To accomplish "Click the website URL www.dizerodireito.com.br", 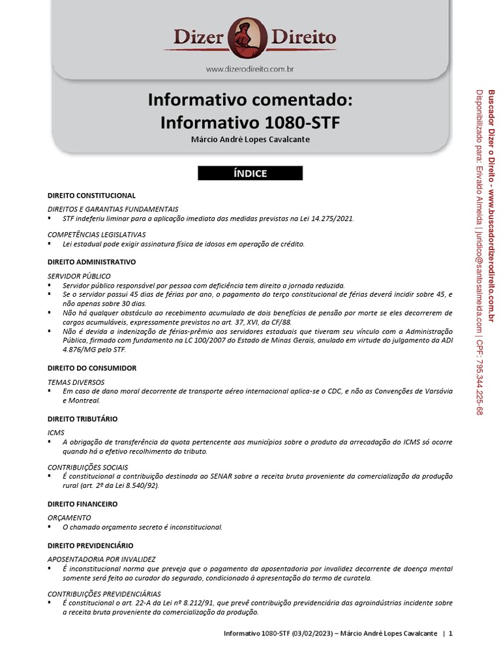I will click(250, 68).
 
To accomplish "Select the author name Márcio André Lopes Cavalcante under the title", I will click(250, 140).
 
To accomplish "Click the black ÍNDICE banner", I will click(250, 174).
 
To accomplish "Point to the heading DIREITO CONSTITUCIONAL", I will click(91, 195).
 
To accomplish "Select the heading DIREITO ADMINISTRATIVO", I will click(91, 262).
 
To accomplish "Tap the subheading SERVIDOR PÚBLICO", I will click(79, 276).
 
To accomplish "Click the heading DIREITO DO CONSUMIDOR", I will click(92, 368).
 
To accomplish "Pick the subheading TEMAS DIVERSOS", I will click(76, 382).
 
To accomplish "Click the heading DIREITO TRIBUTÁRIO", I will click(82, 418).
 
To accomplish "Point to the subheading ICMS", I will click(56, 433).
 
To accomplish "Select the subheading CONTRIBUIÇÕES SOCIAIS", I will click(87, 467).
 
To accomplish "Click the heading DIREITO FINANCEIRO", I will click(82, 504).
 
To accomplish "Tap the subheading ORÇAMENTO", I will click(69, 517).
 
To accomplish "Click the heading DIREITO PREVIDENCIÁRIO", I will click(90, 545).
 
